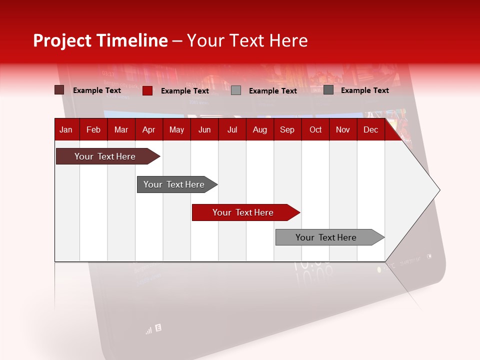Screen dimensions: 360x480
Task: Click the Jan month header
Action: click(66, 130)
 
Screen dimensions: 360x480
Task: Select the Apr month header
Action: click(148, 130)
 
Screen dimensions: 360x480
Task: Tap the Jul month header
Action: click(232, 130)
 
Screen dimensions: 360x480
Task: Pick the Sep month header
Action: click(287, 130)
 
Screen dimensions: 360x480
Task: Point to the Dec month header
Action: click(370, 130)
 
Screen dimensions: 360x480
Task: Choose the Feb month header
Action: click(93, 130)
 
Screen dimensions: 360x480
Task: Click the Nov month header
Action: click(342, 130)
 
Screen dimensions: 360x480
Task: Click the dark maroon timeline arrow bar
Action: click(105, 156)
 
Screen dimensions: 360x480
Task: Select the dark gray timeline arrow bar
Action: click(174, 184)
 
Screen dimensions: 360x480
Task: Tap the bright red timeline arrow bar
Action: click(243, 212)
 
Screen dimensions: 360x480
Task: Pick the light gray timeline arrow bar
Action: click(326, 237)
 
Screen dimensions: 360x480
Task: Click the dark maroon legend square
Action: click(59, 90)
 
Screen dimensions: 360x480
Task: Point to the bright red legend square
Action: click(147, 90)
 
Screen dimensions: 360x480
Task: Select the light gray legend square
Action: click(236, 90)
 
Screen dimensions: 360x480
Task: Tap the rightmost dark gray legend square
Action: click(328, 90)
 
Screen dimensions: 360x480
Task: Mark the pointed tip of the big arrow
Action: click(439, 190)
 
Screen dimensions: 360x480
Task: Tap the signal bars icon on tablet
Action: click(148, 330)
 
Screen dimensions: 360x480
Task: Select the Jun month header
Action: click(204, 130)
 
